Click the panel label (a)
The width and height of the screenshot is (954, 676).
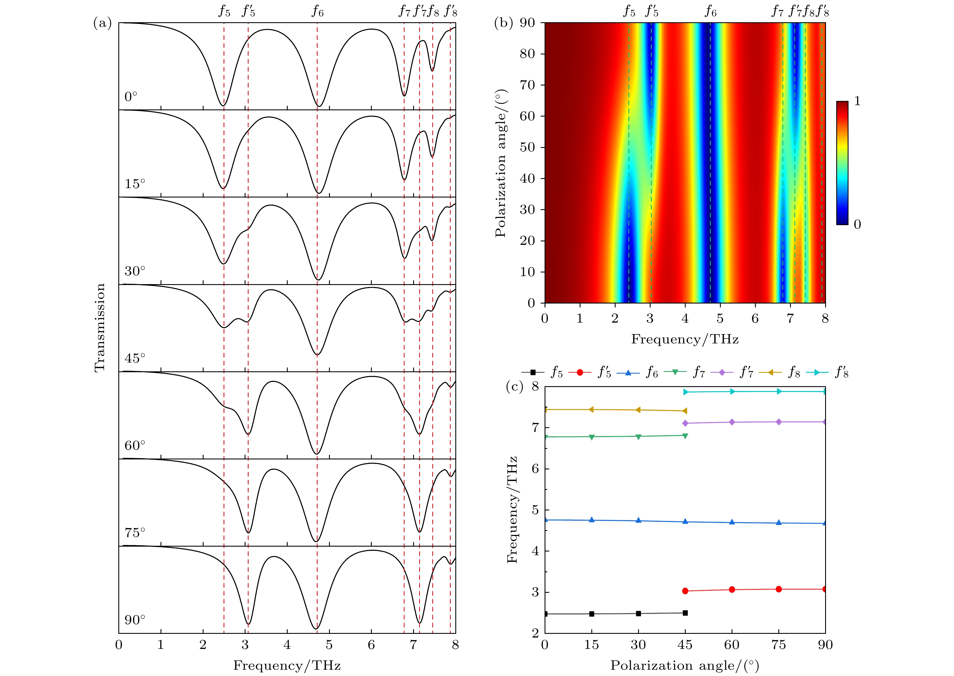(102, 23)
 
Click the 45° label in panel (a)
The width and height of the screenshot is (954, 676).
(135, 358)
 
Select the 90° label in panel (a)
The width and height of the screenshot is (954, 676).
(135, 620)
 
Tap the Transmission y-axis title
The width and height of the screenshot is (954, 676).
(100, 327)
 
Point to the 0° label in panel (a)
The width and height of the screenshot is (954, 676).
(131, 97)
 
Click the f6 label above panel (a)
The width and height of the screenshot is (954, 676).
(317, 11)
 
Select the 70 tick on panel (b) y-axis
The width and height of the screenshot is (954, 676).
(527, 85)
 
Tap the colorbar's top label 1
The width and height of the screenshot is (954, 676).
(857, 101)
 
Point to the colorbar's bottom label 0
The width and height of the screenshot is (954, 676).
(857, 224)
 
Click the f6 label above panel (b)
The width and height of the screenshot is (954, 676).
(711, 11)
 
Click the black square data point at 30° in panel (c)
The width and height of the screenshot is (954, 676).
(638, 613)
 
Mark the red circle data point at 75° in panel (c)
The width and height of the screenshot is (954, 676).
(779, 589)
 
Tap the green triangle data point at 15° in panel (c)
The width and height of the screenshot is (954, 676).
(592, 437)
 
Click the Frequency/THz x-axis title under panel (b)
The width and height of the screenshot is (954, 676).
(685, 339)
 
